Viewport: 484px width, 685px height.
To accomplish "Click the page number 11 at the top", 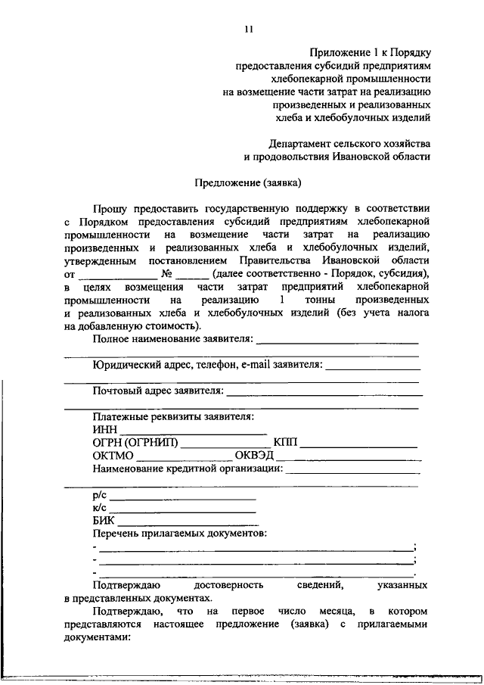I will coord(248,30).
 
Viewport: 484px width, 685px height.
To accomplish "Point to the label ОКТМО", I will coord(113,456).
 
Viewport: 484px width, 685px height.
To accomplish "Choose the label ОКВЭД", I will coord(254,456).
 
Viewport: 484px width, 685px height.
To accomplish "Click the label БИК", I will coord(104,521).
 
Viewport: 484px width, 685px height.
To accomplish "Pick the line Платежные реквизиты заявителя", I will coord(173,417).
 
